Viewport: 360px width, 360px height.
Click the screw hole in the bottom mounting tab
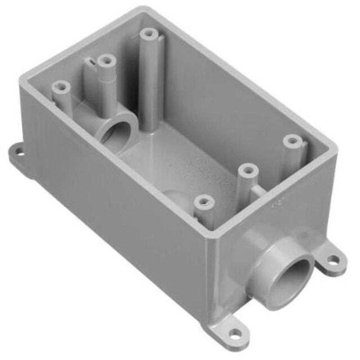(235, 333)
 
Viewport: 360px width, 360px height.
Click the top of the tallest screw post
(147, 34)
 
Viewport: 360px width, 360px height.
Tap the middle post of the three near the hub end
(247, 171)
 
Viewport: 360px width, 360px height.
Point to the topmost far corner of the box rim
(143, 9)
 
